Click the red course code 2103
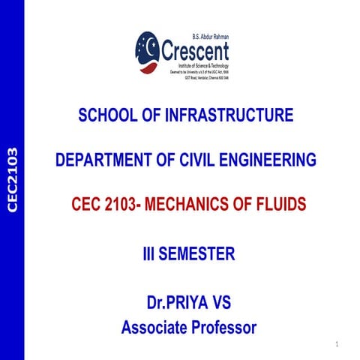tap(118, 204)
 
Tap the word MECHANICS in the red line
tap(189, 204)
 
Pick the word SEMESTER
tap(197, 254)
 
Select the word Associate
tap(154, 327)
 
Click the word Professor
tap(223, 327)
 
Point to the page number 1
tap(338, 345)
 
